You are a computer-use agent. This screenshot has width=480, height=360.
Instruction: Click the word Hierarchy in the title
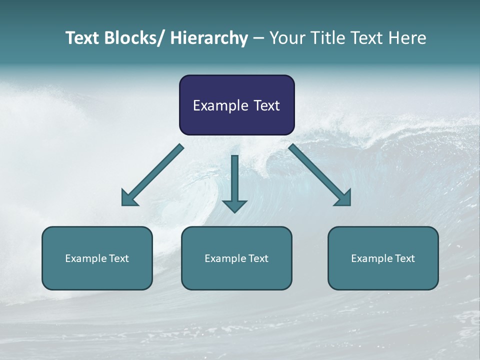(x=209, y=38)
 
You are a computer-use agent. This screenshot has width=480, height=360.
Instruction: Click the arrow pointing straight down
(x=234, y=180)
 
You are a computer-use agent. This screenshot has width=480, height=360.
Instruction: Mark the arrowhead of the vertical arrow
(x=234, y=205)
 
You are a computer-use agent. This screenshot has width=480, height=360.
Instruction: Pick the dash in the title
(x=258, y=38)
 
